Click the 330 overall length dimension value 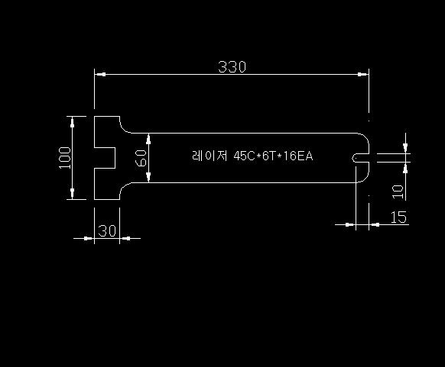[x=232, y=67]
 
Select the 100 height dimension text [x=65, y=158]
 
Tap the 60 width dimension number [x=141, y=158]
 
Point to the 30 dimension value [x=107, y=230]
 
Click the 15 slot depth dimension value [x=398, y=217]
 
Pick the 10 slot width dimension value [x=398, y=192]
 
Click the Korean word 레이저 [x=210, y=156]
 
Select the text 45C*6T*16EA [x=273, y=156]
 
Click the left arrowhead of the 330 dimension [x=100, y=74]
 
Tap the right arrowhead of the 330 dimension [x=363, y=74]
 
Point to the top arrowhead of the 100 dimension [x=72, y=122]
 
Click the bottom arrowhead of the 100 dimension [x=72, y=194]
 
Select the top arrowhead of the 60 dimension [x=148, y=139]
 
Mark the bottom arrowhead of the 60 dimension [x=148, y=177]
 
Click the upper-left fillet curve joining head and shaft [x=122, y=127]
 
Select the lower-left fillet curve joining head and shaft [x=122, y=188]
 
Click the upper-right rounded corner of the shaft [x=365, y=137]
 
